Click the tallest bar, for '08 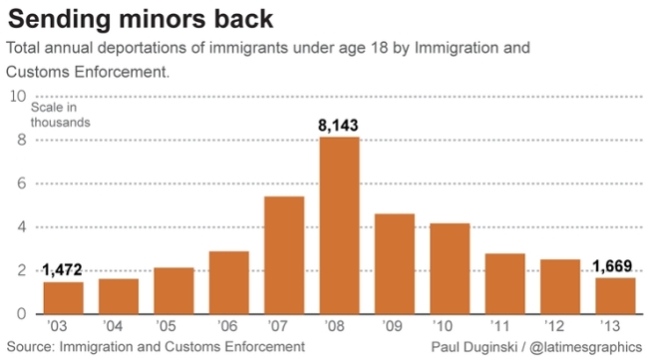(339, 225)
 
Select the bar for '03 (63, 298)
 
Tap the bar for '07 (284, 255)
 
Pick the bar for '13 (615, 296)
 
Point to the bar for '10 (450, 268)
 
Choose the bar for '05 (174, 291)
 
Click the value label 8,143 (338, 126)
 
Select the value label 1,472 (62, 270)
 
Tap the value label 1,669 (612, 266)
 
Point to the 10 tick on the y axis (18, 97)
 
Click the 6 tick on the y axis (22, 183)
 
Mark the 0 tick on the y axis (22, 314)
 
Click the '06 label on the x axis (227, 326)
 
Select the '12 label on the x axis (554, 326)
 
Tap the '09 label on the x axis (392, 326)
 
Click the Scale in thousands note (61, 115)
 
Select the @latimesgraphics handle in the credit (585, 347)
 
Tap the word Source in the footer (30, 346)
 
